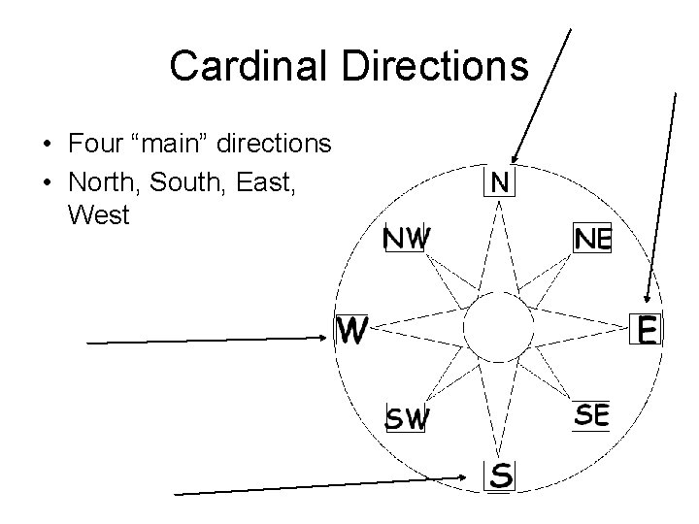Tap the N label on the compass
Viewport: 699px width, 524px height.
(x=502, y=181)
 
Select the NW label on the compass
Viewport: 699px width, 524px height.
(x=406, y=238)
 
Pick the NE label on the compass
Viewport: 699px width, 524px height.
(x=592, y=238)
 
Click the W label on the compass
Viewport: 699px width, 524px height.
(x=351, y=332)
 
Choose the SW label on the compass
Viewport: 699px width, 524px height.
(x=408, y=418)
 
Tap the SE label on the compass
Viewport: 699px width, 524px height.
(x=592, y=415)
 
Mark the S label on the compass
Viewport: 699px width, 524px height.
(x=501, y=475)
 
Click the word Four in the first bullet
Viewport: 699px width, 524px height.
(x=96, y=145)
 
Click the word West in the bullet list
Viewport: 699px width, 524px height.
(x=99, y=215)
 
